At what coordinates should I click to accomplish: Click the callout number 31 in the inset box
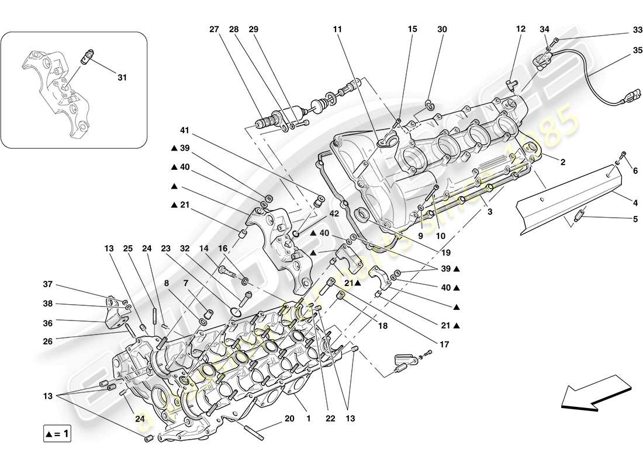[122, 76]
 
